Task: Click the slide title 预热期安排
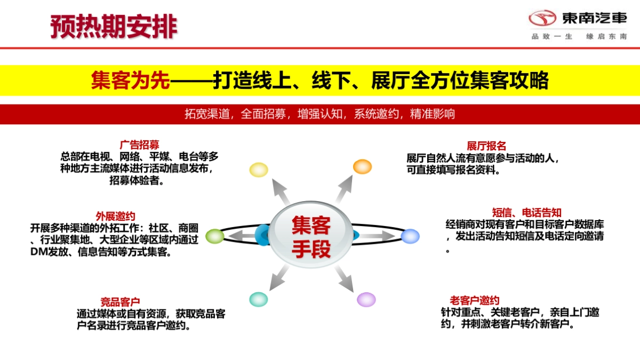[x=114, y=26]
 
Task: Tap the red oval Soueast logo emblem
[x=542, y=19]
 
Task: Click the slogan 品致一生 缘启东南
[x=579, y=36]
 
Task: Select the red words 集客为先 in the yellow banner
[x=130, y=81]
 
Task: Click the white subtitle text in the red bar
[x=319, y=114]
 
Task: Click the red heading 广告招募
[x=139, y=145]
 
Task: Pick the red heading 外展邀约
[x=115, y=216]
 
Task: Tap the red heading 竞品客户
[x=120, y=302]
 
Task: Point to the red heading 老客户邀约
[x=474, y=300]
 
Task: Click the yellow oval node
[x=259, y=170]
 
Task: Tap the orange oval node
[x=362, y=166]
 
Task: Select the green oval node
[x=215, y=236]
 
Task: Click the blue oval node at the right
[x=410, y=236]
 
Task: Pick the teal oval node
[x=258, y=299]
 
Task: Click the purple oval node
[x=366, y=299]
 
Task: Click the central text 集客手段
[x=311, y=237]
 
